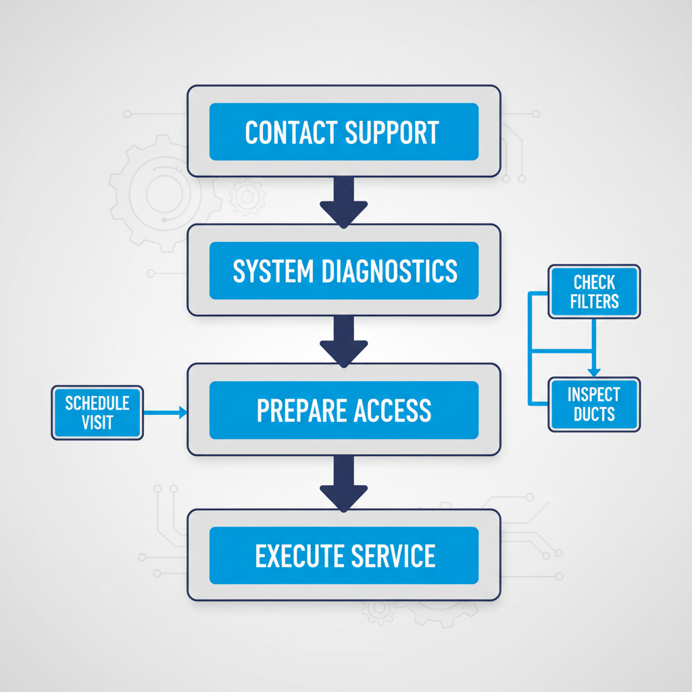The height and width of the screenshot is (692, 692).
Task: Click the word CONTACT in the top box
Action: (x=291, y=132)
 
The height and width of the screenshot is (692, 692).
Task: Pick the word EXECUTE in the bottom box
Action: (x=299, y=556)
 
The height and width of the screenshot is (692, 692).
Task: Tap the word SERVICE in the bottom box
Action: (x=393, y=556)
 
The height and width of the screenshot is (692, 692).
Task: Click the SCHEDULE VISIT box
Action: (x=97, y=413)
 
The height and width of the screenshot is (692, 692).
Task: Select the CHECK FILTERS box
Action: (x=594, y=291)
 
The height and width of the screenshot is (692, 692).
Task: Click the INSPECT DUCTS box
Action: (x=594, y=404)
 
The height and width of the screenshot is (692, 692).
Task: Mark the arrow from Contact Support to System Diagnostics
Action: (x=343, y=202)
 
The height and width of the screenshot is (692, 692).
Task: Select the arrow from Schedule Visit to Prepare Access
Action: (x=165, y=412)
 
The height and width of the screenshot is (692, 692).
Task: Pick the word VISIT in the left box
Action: (x=97, y=423)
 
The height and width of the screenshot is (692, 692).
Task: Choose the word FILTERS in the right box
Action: (x=594, y=301)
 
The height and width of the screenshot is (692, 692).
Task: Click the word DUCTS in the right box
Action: (x=594, y=414)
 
